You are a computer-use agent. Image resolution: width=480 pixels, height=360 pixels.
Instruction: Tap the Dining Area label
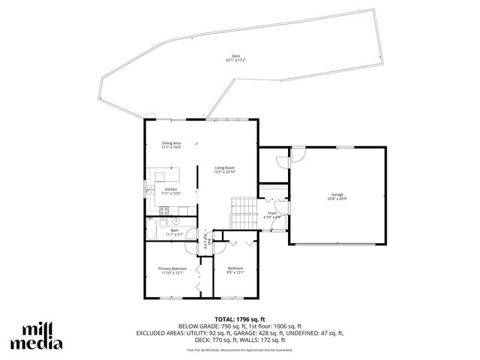[x=171, y=143]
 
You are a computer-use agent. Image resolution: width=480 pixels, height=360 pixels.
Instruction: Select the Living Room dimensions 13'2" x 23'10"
[x=225, y=172]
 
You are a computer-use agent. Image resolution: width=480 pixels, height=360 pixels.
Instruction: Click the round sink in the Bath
[x=175, y=221]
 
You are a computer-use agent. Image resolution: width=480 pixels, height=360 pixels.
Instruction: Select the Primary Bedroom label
[x=172, y=268]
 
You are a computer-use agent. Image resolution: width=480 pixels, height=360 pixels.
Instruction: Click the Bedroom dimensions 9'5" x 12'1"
[x=235, y=272]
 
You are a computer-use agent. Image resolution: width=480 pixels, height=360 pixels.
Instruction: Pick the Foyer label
[x=272, y=213]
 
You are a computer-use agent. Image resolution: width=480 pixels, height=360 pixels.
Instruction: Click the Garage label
[x=337, y=194]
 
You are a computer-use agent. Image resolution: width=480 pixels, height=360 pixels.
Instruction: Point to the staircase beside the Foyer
[x=243, y=213]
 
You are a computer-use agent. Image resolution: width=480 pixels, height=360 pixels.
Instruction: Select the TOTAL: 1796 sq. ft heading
[x=239, y=319]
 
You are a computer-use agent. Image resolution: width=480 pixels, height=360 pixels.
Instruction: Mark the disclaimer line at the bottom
[x=239, y=349]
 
